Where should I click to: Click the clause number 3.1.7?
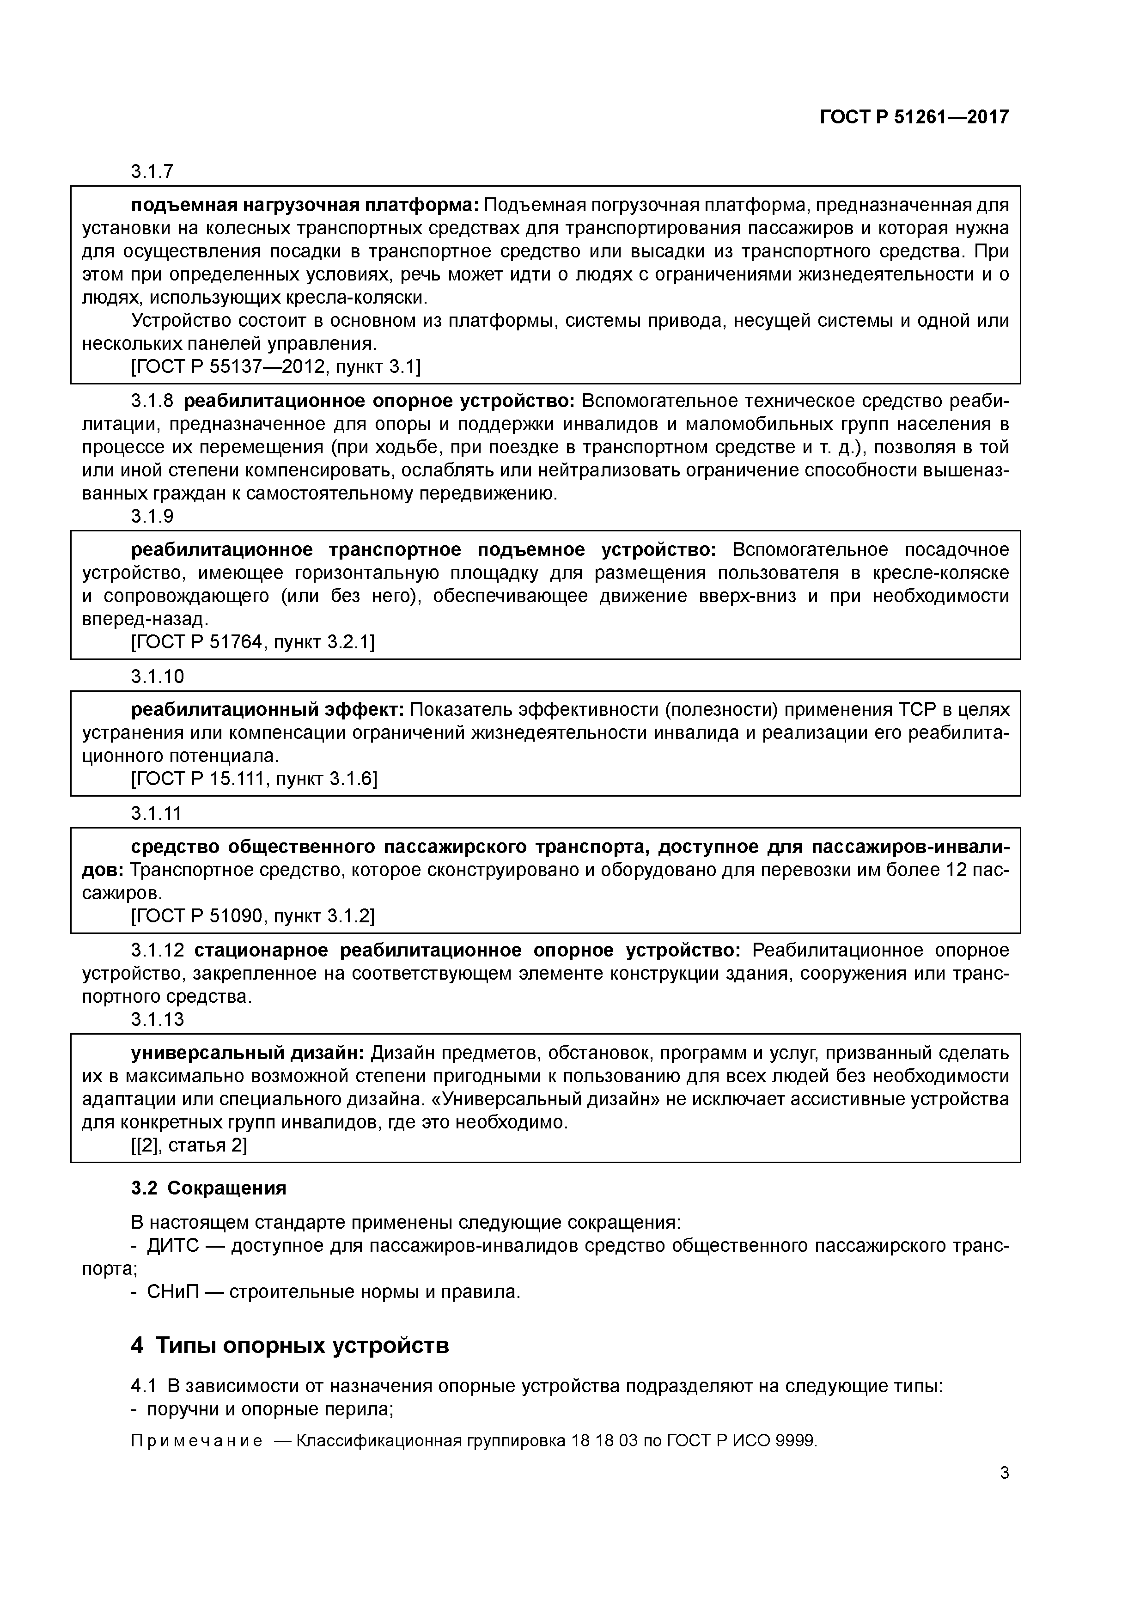coord(152,171)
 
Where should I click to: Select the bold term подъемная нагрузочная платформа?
coord(305,206)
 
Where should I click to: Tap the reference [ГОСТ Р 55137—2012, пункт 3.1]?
coord(276,366)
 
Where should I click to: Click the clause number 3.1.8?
coord(152,401)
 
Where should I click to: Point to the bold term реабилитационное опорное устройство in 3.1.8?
coord(380,401)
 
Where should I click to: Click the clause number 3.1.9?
coord(152,516)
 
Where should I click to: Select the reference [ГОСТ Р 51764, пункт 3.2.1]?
coord(253,642)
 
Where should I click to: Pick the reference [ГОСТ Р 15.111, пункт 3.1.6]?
coord(254,779)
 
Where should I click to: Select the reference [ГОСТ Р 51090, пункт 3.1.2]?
coord(253,916)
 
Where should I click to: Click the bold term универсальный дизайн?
coord(247,1054)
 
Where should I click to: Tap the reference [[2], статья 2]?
coord(189,1145)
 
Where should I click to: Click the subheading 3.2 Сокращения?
coord(208,1188)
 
